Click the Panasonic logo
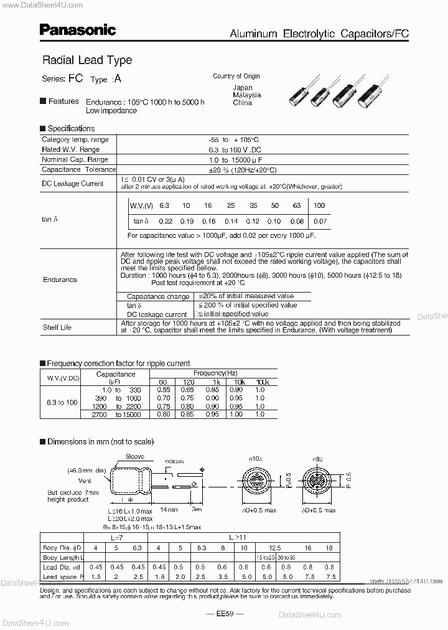click(x=78, y=29)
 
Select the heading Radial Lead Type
click(x=86, y=60)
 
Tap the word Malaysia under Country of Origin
click(x=246, y=95)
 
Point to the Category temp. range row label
click(x=75, y=140)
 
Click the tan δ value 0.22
click(x=166, y=222)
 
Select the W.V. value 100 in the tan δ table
click(x=319, y=205)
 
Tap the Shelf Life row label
click(x=57, y=327)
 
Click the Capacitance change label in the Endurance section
click(x=158, y=296)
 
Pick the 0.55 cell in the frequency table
click(x=163, y=390)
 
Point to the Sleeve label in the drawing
click(x=135, y=456)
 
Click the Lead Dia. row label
click(x=62, y=567)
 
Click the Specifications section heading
click(x=70, y=128)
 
